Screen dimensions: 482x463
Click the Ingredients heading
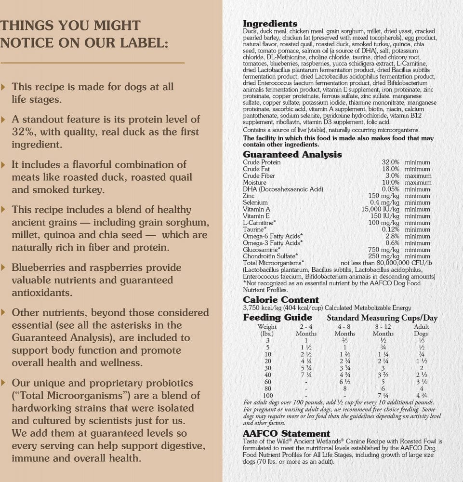tap(270, 24)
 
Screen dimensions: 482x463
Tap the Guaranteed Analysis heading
tap(292, 155)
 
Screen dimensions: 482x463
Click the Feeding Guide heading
tap(278, 318)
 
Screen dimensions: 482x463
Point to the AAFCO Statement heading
tap(286, 434)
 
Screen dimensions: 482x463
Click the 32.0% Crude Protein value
tap(390, 162)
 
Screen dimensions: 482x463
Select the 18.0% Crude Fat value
tap(390, 169)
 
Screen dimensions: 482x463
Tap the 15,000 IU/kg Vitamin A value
tap(380, 210)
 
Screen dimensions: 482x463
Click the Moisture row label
tap(254, 183)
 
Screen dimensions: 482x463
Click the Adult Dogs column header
tap(422, 330)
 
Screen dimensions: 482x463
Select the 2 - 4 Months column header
tap(306, 330)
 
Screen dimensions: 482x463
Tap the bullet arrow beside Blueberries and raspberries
tap(4, 268)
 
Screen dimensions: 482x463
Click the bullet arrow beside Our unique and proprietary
tap(4, 383)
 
